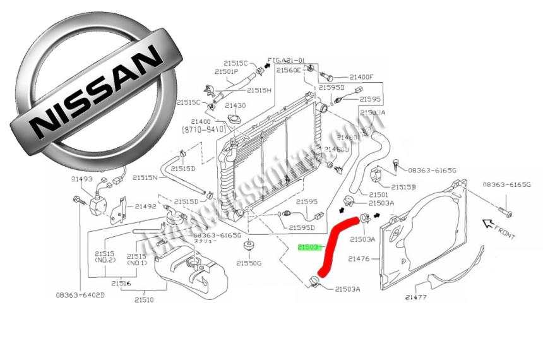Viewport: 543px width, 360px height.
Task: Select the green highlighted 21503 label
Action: tap(309, 248)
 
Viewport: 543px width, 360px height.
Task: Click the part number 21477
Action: tap(417, 297)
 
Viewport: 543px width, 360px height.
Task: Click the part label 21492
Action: tap(146, 206)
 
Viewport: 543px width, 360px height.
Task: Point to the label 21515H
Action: tap(259, 90)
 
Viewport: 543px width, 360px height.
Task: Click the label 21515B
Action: tap(403, 187)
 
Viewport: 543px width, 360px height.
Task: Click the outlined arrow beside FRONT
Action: tap(487, 222)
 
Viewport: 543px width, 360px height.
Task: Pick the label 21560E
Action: tap(289, 71)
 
